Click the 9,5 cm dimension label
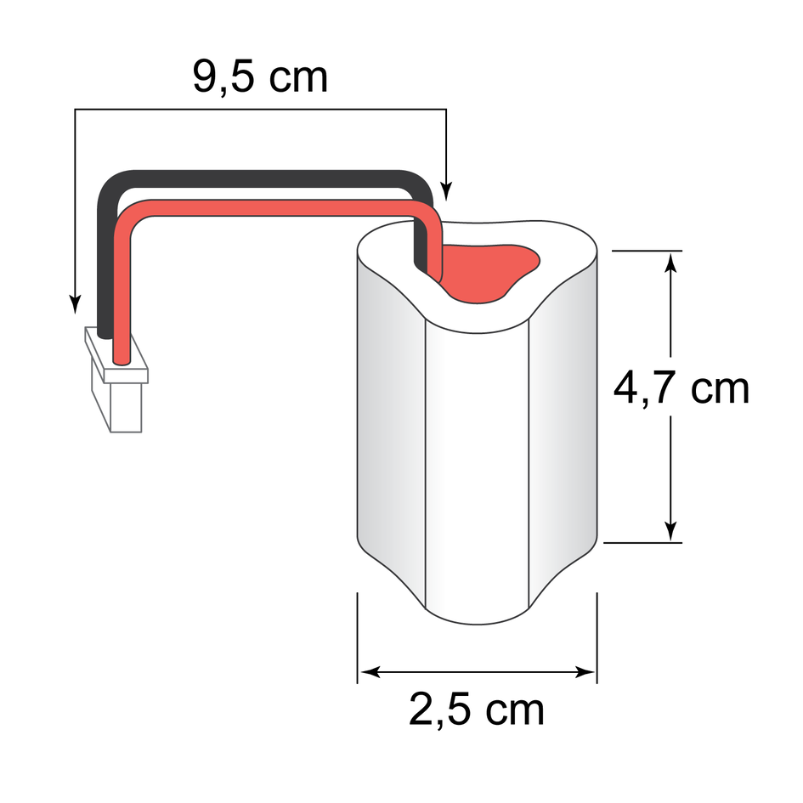point(260,76)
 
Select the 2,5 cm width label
point(477,710)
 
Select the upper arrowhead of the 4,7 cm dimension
point(672,262)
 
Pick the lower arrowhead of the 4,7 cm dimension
point(672,530)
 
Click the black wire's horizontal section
point(263,179)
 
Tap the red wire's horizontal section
point(272,208)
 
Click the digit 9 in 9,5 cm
point(206,76)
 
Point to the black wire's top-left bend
point(110,187)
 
